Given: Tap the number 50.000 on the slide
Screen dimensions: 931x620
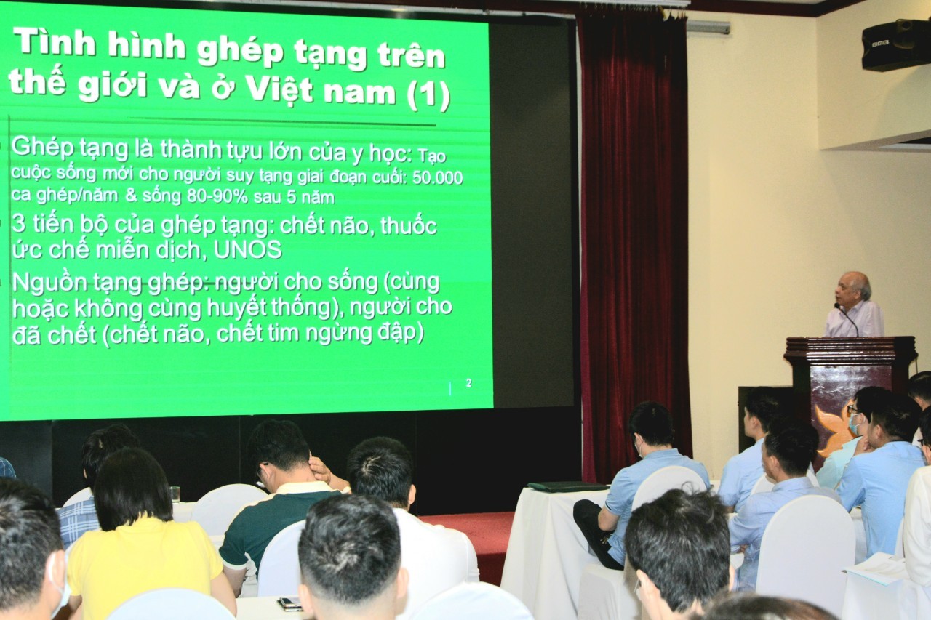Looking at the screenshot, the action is point(438,178).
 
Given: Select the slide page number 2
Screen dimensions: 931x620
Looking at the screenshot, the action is point(469,382).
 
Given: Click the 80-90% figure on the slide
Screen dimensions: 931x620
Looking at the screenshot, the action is point(217,197).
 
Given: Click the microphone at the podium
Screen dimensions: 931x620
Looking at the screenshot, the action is point(846,318).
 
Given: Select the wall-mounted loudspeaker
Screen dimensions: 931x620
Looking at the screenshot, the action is point(895,45).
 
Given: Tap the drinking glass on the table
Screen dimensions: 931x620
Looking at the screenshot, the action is point(175,494).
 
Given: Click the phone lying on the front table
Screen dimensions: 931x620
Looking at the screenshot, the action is point(290,603).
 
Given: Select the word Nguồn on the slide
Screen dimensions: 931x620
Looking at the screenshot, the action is point(50,283).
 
